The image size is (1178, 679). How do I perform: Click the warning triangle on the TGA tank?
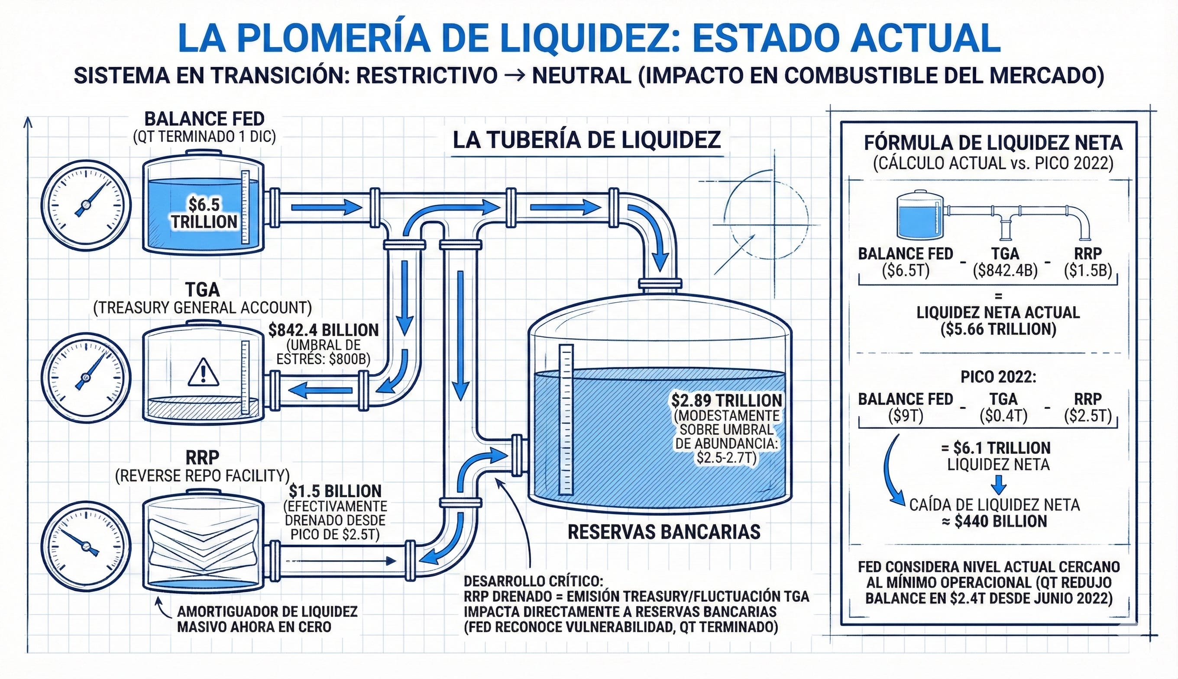203,372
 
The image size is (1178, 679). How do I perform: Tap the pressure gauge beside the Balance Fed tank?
86,204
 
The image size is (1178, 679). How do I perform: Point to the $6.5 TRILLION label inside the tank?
204,213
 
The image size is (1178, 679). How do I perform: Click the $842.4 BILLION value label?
324,330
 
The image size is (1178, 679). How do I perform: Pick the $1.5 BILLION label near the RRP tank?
335,491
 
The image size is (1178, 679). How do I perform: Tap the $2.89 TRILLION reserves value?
727,400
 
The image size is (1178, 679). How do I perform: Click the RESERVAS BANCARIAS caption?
664,532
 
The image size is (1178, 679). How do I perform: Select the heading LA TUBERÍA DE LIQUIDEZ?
587,140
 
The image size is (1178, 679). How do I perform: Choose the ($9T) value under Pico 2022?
906,416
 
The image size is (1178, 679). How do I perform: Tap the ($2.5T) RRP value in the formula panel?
1087,416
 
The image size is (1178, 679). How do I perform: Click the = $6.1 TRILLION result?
996,448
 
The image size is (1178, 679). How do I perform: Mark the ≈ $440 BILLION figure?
994,521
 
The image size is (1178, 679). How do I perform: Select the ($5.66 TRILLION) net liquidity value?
998,329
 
